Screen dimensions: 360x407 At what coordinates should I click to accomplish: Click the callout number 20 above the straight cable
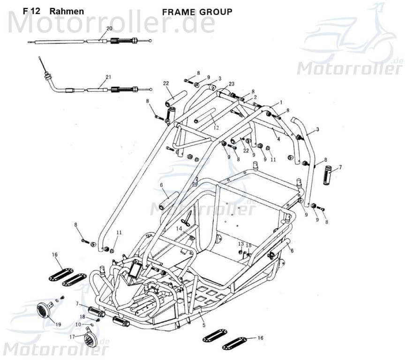[109, 29]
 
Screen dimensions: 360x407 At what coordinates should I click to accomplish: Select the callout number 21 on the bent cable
[108, 77]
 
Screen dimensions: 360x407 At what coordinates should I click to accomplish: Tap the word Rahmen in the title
[67, 11]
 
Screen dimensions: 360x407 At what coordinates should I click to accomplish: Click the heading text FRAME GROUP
[196, 12]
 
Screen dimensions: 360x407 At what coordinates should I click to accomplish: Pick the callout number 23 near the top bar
[231, 84]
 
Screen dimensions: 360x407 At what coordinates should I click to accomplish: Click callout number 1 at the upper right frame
[281, 102]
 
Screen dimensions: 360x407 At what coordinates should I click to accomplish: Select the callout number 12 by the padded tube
[216, 127]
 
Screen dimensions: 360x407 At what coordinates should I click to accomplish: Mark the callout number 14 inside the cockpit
[179, 228]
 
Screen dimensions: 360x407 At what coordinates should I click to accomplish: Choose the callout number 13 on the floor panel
[241, 244]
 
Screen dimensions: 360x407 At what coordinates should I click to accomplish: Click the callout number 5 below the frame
[203, 325]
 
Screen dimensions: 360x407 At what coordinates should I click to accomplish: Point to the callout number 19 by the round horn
[58, 324]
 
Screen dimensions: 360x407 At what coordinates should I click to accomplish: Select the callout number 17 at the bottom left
[72, 337]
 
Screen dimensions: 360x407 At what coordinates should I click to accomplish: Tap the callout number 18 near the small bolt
[82, 317]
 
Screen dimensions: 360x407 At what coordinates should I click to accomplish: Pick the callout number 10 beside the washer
[78, 324]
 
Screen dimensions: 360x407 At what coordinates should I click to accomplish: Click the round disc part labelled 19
[44, 310]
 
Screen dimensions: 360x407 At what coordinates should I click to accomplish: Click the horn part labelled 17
[89, 339]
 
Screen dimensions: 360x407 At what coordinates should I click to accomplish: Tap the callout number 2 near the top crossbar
[255, 97]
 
